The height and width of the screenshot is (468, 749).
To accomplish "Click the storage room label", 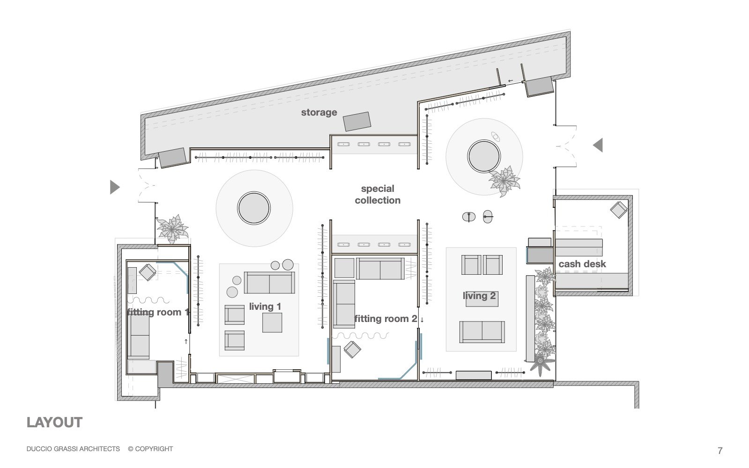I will click(x=319, y=112).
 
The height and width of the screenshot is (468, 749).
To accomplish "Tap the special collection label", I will click(x=378, y=194).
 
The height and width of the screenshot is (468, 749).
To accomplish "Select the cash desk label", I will click(x=582, y=264).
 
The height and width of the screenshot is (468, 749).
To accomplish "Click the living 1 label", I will click(x=265, y=307).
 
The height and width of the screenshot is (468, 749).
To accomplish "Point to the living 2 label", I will click(x=479, y=296).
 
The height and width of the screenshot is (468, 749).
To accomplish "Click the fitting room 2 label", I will click(x=386, y=319).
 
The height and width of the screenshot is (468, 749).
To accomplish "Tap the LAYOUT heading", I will click(x=54, y=423).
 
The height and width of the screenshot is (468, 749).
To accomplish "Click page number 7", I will click(x=720, y=451).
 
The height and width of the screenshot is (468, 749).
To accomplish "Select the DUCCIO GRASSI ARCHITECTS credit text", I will click(x=73, y=449).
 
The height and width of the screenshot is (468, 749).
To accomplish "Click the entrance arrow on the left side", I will click(x=114, y=187).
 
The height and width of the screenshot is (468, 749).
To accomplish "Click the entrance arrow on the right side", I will click(x=598, y=145).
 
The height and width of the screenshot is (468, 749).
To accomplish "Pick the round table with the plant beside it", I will click(x=484, y=156).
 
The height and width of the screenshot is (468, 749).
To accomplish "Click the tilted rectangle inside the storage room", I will click(x=357, y=121).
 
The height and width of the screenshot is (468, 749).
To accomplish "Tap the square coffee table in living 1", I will click(x=272, y=322).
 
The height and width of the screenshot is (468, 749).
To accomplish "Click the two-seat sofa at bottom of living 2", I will click(x=482, y=332).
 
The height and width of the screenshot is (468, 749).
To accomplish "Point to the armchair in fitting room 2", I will click(x=352, y=349).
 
